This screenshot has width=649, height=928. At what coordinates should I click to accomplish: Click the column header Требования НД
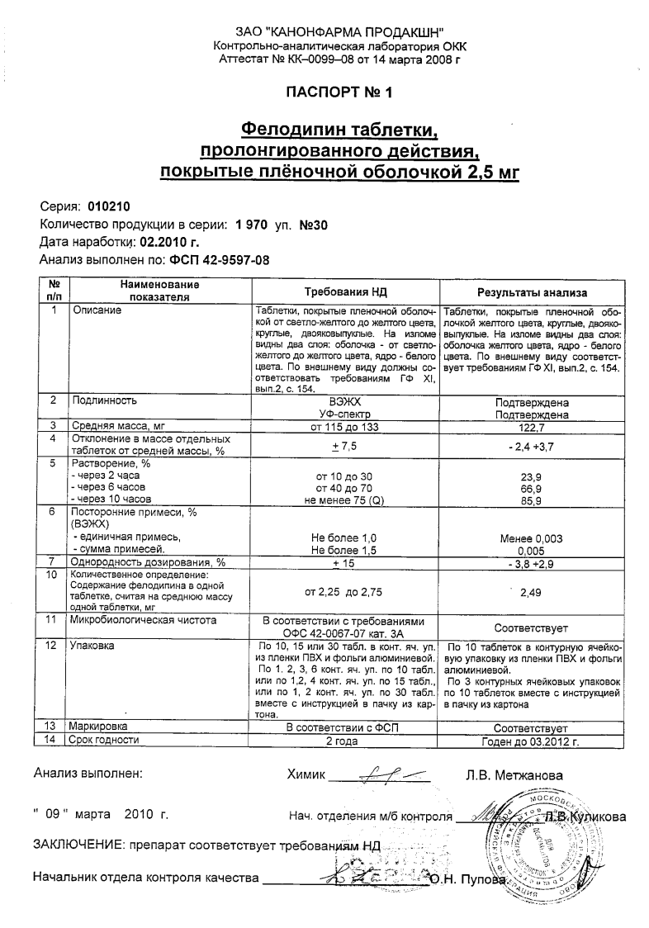pyautogui.click(x=345, y=292)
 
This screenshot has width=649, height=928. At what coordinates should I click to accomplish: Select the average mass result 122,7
pyautogui.click(x=533, y=426)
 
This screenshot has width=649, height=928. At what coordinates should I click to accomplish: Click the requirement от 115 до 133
pyautogui.click(x=345, y=426)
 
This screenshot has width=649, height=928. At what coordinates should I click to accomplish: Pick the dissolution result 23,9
pyautogui.click(x=533, y=476)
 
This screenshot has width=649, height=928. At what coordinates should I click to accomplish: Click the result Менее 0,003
pyautogui.click(x=533, y=538)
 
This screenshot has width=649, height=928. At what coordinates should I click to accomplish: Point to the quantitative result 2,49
pyautogui.click(x=533, y=591)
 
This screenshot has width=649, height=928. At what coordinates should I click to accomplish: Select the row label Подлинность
pyautogui.click(x=104, y=400)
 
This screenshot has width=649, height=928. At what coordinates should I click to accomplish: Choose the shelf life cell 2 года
pyautogui.click(x=345, y=741)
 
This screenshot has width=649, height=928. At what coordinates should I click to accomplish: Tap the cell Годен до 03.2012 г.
pyautogui.click(x=533, y=741)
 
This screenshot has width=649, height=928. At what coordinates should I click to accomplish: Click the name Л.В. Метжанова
pyautogui.click(x=514, y=775)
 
